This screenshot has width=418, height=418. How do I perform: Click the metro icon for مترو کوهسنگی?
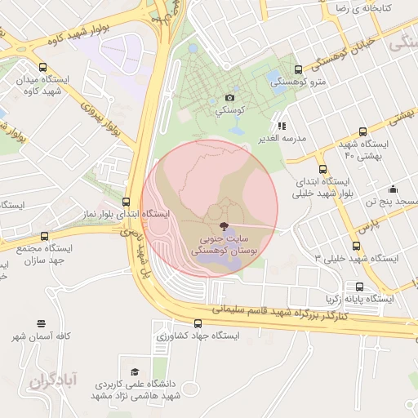[x=297, y=69]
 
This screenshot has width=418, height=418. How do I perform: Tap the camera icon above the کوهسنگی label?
[x=230, y=98]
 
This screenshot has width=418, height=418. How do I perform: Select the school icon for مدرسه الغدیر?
[x=282, y=126]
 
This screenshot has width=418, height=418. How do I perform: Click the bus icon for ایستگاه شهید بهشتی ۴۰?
[x=362, y=131]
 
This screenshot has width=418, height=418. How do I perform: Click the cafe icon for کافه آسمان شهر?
[x=41, y=324]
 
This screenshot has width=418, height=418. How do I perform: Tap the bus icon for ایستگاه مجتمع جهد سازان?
[x=33, y=235]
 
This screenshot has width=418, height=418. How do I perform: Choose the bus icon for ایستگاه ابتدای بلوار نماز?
[x=126, y=202]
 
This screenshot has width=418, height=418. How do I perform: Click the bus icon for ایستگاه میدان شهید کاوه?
[x=42, y=68]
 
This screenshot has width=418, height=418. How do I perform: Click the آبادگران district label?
[x=51, y=380]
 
